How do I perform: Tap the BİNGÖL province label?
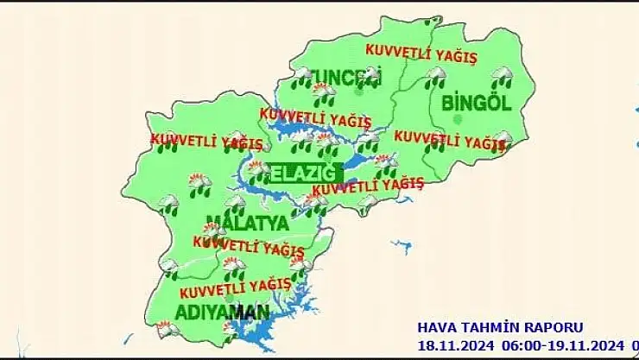(x=476, y=103)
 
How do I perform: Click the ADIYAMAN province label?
(x=223, y=310)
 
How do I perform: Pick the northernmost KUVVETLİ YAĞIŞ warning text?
(x=421, y=54)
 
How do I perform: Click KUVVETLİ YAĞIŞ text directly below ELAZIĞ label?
(x=368, y=185)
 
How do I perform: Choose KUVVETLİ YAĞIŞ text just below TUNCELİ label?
(x=315, y=116)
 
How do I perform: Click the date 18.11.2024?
(x=454, y=344)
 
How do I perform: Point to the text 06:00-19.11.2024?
(x=557, y=344)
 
